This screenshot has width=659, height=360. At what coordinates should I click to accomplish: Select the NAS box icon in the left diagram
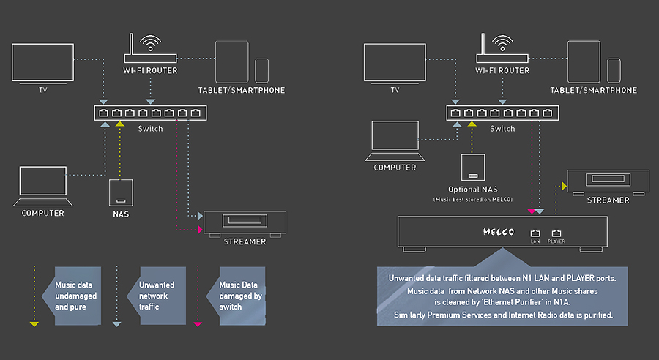point(120,193)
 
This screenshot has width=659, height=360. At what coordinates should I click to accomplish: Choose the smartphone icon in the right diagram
point(614,70)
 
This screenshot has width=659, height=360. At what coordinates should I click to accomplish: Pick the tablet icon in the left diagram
point(232,61)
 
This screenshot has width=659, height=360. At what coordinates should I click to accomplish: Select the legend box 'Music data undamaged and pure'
point(75,296)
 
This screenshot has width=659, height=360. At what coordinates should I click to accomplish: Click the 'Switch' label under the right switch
point(502,129)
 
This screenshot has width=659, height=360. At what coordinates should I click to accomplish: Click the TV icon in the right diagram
point(395,61)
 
